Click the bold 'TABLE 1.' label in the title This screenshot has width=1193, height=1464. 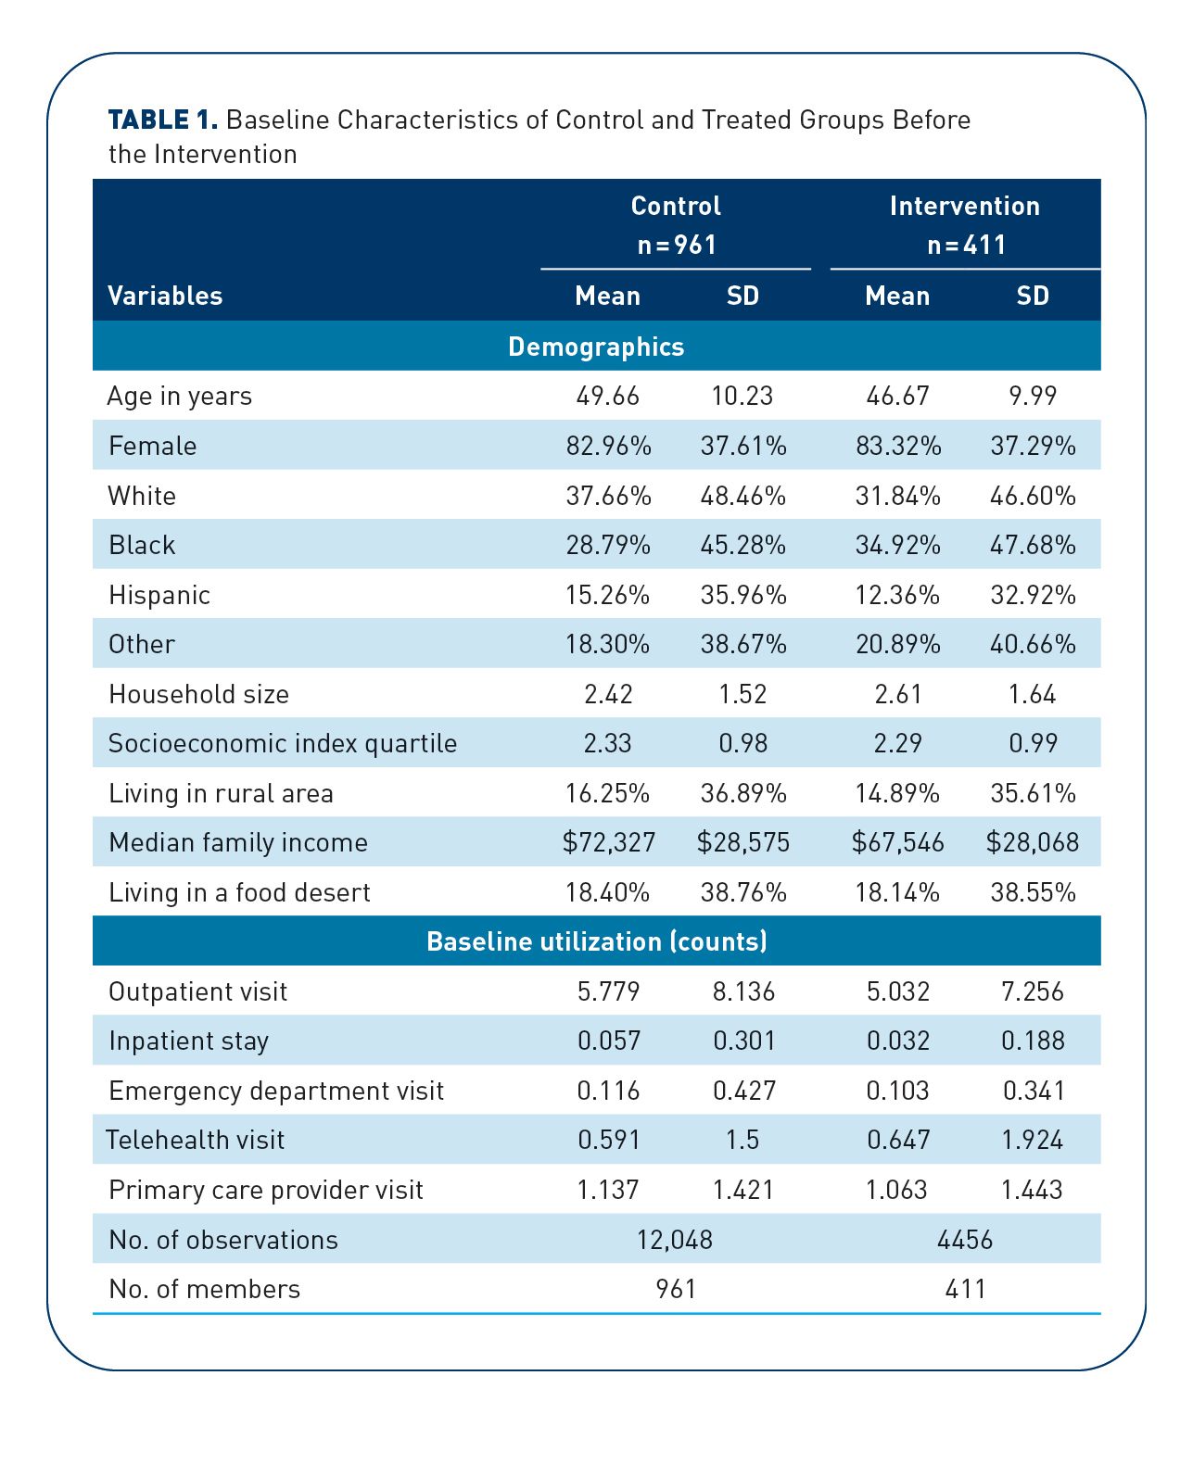click(163, 120)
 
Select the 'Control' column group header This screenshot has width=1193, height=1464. click(676, 206)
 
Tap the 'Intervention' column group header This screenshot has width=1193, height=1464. click(965, 206)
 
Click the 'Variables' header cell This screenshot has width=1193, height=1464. click(165, 296)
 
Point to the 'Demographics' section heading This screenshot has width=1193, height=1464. click(596, 347)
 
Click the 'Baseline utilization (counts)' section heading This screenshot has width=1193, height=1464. click(596, 941)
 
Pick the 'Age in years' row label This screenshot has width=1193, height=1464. click(180, 397)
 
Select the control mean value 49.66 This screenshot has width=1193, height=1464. click(608, 396)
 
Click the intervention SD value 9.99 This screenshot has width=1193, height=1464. click(1033, 396)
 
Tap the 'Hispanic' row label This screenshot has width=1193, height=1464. click(159, 595)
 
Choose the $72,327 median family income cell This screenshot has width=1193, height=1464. click(608, 842)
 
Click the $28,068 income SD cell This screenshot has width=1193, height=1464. click(1033, 842)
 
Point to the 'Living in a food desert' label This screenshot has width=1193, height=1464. click(239, 892)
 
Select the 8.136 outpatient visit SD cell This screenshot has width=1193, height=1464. click(743, 991)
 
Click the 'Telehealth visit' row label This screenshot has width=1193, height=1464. click(196, 1140)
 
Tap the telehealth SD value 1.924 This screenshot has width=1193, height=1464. click(1033, 1140)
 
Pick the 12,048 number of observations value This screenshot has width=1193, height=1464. click(675, 1239)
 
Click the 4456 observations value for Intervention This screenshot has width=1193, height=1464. click(965, 1239)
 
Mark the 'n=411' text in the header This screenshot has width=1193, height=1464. click(966, 245)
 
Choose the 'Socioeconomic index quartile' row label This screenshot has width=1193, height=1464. click(283, 744)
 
